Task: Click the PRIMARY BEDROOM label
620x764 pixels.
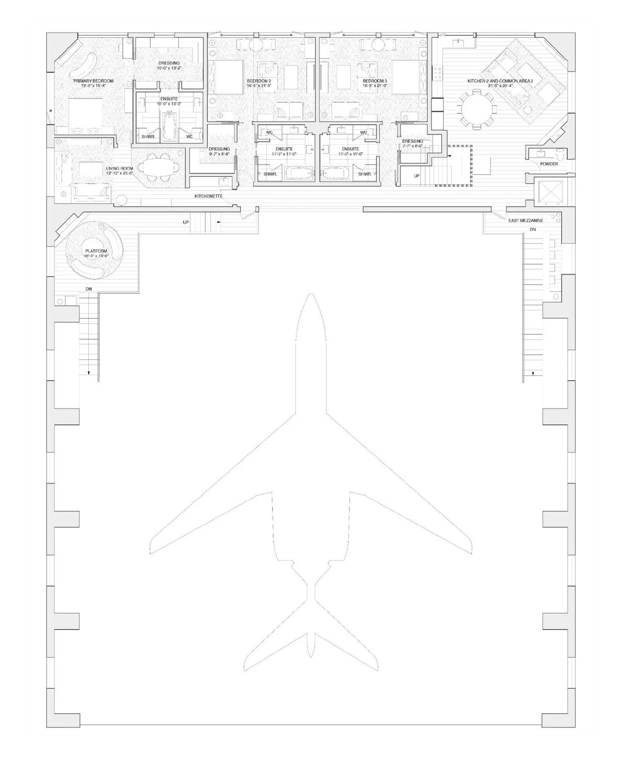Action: (93, 81)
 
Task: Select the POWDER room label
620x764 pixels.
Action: (549, 164)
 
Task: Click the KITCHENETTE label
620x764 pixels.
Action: (208, 196)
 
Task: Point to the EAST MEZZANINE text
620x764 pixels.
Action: (525, 221)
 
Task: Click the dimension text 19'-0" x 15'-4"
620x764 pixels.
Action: (93, 86)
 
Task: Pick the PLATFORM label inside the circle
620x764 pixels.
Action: (96, 251)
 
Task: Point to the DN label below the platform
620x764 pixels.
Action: (88, 289)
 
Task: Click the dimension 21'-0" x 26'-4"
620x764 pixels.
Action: (500, 86)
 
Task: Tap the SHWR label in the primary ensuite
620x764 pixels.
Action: (148, 137)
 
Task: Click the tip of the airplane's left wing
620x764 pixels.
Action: (151, 548)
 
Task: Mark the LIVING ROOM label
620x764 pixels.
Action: (119, 169)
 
